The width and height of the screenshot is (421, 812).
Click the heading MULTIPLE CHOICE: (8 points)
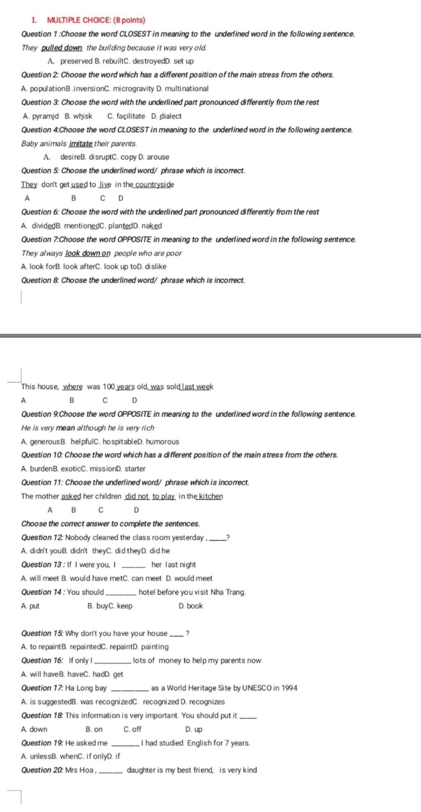pos(96,20)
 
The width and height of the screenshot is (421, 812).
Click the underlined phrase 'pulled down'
pos(62,48)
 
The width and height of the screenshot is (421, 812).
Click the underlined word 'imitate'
pos(81,144)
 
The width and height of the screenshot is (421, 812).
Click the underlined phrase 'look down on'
pos(88,253)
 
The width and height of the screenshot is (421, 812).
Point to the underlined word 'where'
pos(73,387)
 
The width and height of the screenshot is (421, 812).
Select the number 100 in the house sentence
pos(109,387)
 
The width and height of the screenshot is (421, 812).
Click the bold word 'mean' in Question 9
pos(65,428)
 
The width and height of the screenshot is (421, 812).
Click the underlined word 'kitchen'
pos(210,496)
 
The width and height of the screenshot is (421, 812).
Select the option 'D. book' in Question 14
pos(191,606)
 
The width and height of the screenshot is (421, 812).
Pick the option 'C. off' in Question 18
pos(132,729)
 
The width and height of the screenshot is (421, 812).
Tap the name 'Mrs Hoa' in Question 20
pos(79,770)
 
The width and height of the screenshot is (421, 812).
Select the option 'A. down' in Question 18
pos(34,729)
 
